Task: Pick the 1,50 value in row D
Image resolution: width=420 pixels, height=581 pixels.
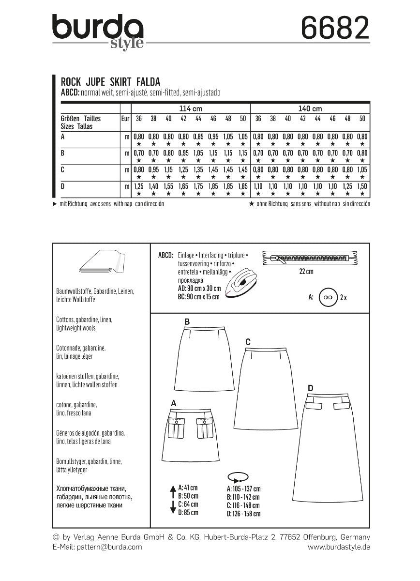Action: coord(362,186)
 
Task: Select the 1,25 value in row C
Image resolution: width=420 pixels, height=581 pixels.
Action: coord(183,170)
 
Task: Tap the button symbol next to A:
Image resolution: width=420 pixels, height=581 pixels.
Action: coord(329,297)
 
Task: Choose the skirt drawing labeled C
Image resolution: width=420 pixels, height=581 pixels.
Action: coord(262,387)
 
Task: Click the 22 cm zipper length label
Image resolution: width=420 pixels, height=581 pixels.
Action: coord(306,272)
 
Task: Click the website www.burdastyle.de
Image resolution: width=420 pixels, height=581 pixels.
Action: coord(339,547)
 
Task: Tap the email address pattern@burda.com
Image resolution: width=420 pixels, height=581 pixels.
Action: coord(97,547)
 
